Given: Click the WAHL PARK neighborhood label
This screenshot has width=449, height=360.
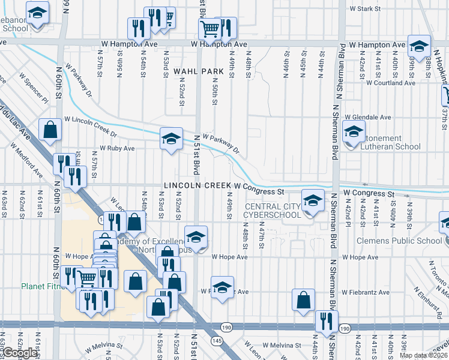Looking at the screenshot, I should (198, 71).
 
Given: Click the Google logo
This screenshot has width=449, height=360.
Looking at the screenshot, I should (19, 353).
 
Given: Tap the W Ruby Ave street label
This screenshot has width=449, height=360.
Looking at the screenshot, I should (117, 148).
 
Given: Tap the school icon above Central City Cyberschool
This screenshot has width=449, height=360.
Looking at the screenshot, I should (312, 202).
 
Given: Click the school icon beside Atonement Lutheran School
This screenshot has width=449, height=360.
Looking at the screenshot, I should (354, 131).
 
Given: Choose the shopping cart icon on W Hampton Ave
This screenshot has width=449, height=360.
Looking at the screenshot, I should (210, 28).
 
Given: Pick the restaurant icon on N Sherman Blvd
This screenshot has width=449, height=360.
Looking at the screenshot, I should (327, 320).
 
